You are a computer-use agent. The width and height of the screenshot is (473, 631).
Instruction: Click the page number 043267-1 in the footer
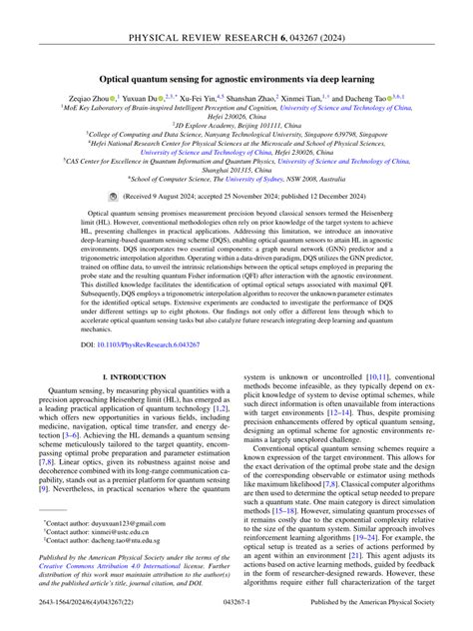pyautogui.click(x=236, y=618)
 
